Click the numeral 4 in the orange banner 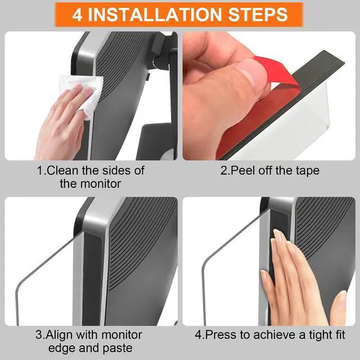click(x=77, y=15)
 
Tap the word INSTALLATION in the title click(x=155, y=15)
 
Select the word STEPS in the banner click(x=258, y=15)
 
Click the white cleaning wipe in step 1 click(x=83, y=94)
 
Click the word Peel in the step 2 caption click(x=241, y=170)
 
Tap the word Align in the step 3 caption click(x=60, y=335)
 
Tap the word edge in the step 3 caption click(x=62, y=349)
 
